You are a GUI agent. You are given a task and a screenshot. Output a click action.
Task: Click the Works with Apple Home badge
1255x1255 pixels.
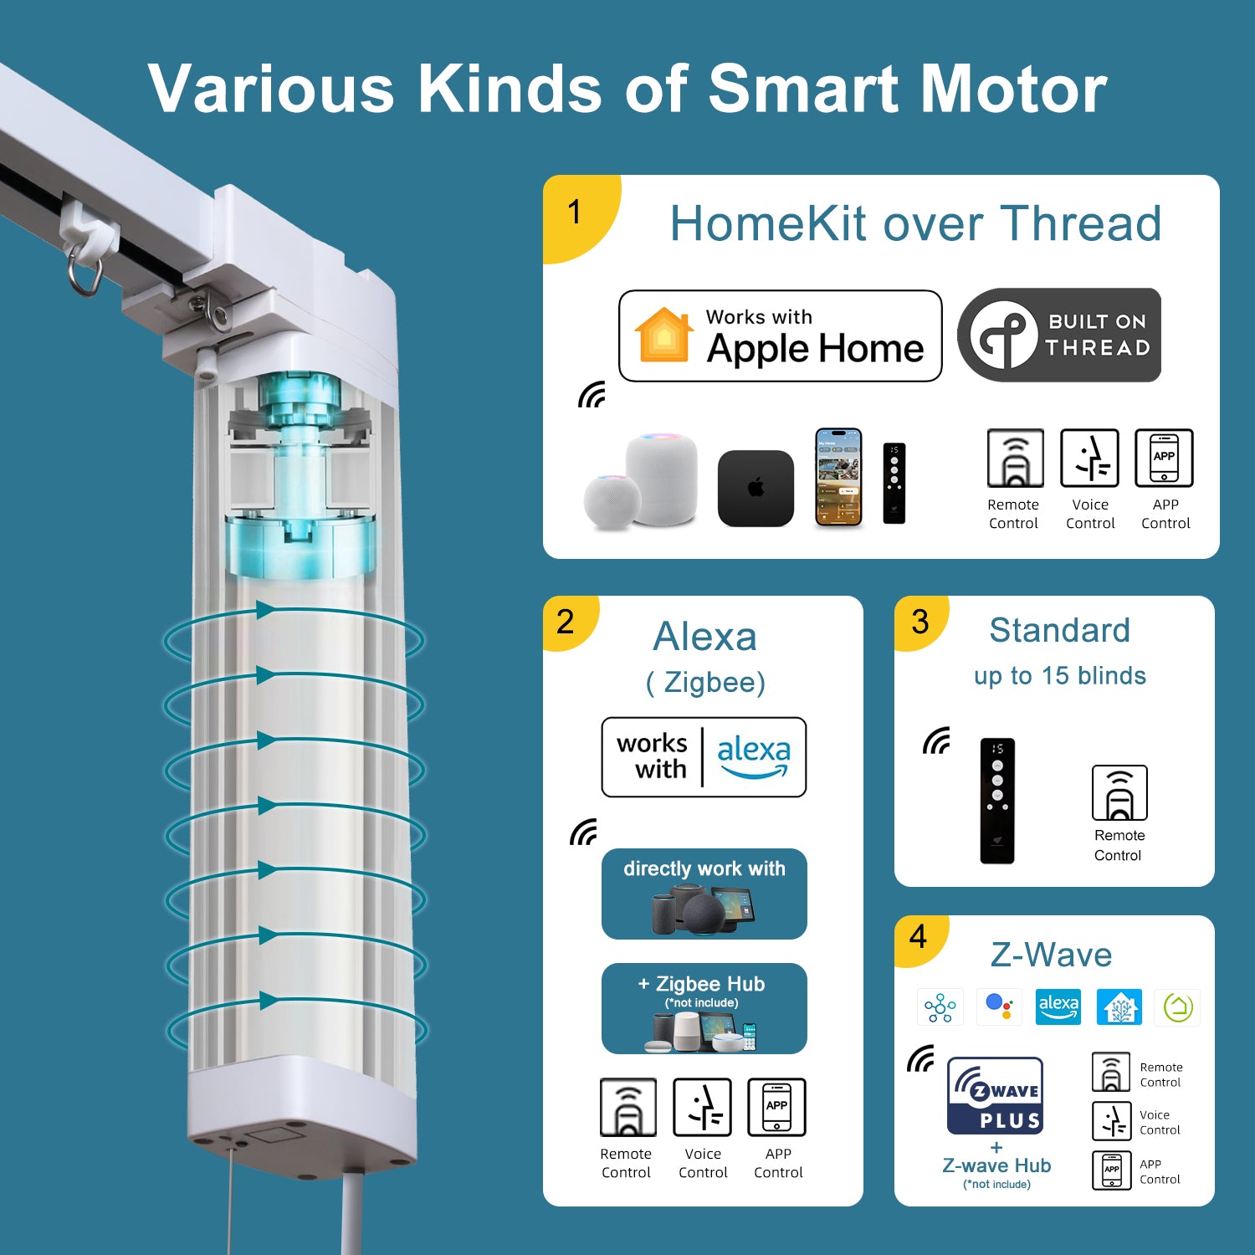pos(780,336)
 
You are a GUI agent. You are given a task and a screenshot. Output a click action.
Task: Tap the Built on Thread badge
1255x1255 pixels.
pos(1059,335)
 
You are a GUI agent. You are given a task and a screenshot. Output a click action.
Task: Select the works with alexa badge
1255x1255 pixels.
pos(704,757)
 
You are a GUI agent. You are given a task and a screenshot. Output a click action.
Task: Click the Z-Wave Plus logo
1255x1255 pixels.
pos(996,1095)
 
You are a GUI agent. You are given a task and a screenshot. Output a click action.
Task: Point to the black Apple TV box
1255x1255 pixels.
pos(756,489)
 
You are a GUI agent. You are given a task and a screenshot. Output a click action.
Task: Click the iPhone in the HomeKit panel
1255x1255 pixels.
pos(839,478)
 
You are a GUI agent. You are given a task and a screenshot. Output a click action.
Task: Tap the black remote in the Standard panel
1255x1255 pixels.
pos(997,801)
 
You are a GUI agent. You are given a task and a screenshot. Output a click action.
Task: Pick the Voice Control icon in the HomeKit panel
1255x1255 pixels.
pos(1089,458)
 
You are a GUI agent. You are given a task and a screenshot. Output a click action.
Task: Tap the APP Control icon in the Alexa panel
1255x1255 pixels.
pos(776,1107)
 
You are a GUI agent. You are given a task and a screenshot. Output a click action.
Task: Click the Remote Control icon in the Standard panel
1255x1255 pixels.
pos(1119,792)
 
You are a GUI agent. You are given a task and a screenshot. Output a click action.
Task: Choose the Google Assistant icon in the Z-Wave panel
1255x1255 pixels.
pos(999,1007)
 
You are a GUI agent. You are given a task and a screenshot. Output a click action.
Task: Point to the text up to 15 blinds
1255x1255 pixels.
pos(1059,676)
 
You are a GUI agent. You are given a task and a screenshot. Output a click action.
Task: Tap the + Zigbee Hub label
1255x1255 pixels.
pos(701,984)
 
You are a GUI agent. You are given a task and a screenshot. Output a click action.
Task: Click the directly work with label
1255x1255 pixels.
pos(704,868)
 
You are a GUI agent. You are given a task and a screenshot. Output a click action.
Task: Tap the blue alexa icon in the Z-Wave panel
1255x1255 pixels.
pos(1058,1007)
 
